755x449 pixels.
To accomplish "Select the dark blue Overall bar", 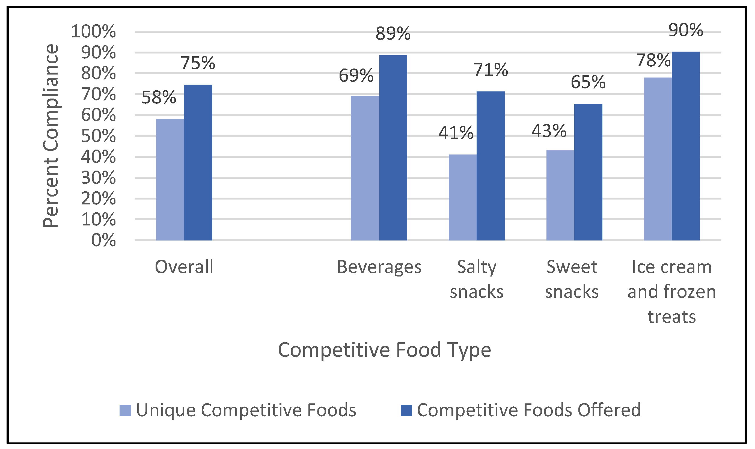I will [x=198, y=162].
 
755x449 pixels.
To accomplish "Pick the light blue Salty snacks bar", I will [x=462, y=197].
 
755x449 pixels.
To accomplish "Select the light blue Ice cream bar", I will [x=658, y=159].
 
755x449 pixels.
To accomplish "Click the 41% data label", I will [x=456, y=133].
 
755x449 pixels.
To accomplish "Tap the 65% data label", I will [x=588, y=82].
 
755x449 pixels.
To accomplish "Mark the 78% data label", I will [x=653, y=60].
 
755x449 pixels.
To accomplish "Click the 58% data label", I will [x=159, y=97].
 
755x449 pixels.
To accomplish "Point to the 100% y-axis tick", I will [x=93, y=31].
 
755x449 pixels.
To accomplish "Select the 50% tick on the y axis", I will [x=98, y=136].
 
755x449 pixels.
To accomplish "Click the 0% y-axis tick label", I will [x=103, y=240].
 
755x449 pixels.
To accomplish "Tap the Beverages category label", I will [x=379, y=267].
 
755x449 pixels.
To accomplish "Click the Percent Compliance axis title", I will [x=50, y=136].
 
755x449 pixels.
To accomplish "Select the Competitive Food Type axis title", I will [x=384, y=350].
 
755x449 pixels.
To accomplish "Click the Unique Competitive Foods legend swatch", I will [x=125, y=411].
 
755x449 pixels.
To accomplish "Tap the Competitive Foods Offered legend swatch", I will [x=406, y=411].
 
